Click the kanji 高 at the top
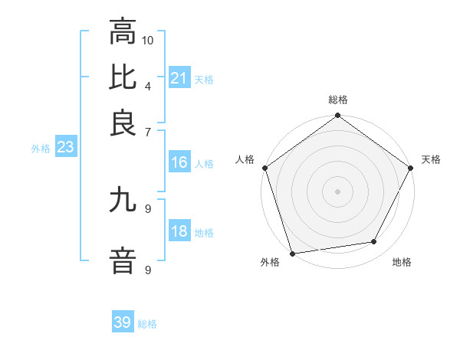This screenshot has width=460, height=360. coord(123,33)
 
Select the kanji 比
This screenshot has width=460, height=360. coord(123,77)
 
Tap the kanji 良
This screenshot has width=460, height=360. coord(123,123)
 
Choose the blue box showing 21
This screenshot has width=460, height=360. coord(179,78)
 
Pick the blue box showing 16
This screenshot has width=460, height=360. coord(179,163)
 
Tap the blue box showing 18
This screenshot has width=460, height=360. coord(179,232)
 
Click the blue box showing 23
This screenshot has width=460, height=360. coord(65,148)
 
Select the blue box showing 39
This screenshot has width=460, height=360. coord(123,322)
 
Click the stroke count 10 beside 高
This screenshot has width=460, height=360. coord(148,39)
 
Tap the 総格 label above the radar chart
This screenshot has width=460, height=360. coord(338,100)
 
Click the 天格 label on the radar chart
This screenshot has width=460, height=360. coord(431,159)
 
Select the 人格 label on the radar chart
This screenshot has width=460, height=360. coord(245,159)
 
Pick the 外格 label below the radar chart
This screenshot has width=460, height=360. coord(270,262)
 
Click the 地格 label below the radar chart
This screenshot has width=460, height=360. coord(402,262)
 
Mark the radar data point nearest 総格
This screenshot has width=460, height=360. coord(338,116)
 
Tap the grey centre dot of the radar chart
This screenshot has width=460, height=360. coord(338,191)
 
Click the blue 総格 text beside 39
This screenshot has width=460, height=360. coord(147,324)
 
